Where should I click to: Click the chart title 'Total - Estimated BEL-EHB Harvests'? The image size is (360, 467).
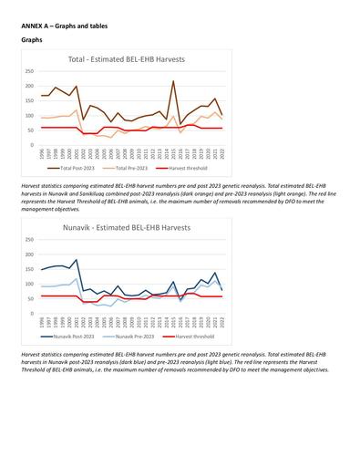coord(126,59)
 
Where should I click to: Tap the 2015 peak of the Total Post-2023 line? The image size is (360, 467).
coord(173,81)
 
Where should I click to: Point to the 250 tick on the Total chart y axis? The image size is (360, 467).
coord(30,71)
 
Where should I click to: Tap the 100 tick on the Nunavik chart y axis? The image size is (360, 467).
coord(30,284)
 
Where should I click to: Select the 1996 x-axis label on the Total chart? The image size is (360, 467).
coord(42,154)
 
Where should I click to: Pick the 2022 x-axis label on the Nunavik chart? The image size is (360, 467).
coord(221,322)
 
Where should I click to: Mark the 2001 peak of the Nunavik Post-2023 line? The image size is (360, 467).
coord(77,259)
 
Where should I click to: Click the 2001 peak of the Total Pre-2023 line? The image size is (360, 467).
coord(77,110)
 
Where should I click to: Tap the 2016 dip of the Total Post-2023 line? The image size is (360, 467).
coord(180,125)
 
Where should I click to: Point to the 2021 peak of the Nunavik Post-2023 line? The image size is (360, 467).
coord(214,273)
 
